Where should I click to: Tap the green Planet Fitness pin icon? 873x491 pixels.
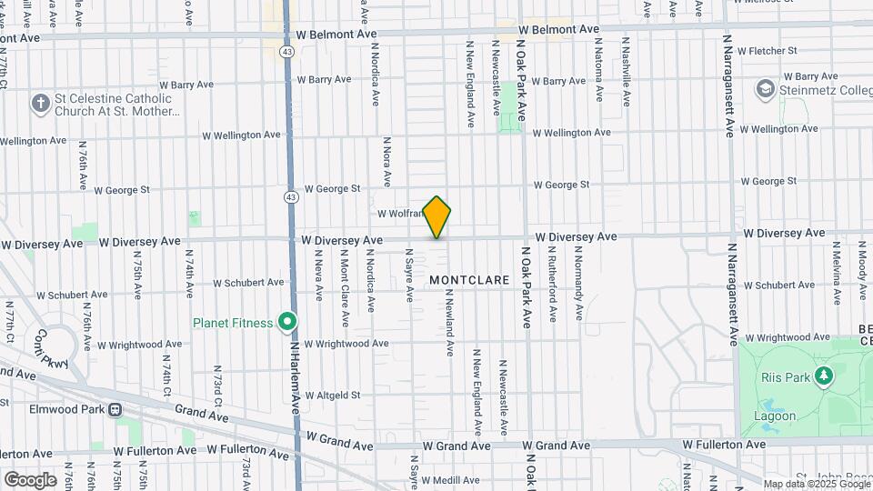pos(287,322)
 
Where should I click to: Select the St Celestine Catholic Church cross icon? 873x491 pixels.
pos(40,103)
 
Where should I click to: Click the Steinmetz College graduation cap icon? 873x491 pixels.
pos(765,89)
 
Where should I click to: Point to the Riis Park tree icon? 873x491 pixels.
pos(824,376)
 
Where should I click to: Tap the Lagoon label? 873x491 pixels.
pos(775,416)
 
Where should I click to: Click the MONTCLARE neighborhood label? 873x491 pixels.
pos(469,281)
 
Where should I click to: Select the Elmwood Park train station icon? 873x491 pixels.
pos(115,409)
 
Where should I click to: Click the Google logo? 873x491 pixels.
pos(30,480)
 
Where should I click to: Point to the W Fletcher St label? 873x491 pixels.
pos(768,51)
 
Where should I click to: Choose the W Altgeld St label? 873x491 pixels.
pos(333,396)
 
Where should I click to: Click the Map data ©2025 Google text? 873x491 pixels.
pos(816,484)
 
